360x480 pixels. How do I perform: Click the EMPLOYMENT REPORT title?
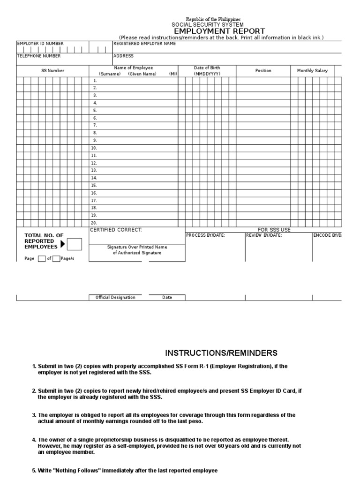219,31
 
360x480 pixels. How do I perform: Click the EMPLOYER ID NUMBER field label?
40,44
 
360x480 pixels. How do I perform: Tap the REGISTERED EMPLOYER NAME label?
145,44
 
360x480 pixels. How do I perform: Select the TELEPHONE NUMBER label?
39,56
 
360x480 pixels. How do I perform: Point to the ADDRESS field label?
124,56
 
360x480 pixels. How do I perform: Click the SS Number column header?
52,71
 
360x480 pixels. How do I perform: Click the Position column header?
263,71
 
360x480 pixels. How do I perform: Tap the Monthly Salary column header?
312,71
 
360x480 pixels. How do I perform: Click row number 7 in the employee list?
95,125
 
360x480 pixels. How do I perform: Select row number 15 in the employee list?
94,185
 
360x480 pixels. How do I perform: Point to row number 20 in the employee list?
94,223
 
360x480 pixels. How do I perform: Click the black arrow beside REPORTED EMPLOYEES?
63,244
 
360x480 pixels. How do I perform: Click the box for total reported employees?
75,244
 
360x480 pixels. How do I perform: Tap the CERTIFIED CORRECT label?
116,230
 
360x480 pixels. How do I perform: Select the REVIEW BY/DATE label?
264,235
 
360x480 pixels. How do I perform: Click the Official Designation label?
115,298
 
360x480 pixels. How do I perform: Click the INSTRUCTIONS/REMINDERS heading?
221,353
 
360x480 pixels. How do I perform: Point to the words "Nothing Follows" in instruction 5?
75,470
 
